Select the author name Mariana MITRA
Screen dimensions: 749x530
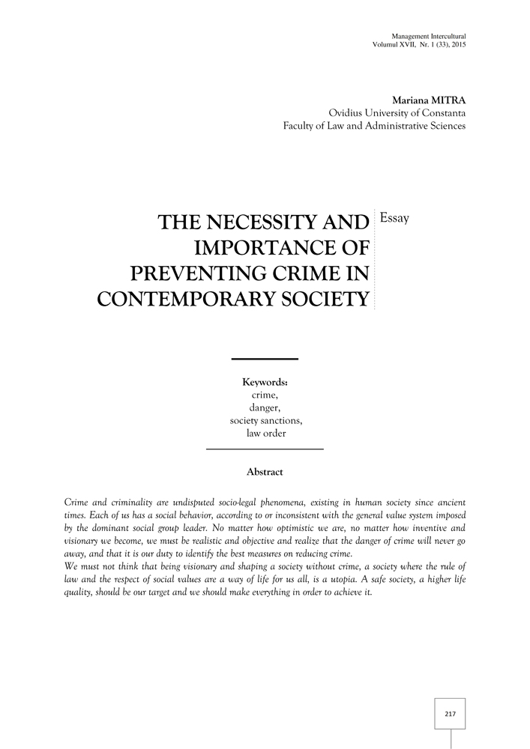[x=428, y=100]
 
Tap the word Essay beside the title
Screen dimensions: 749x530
[x=395, y=218]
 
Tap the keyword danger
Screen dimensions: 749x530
[x=264, y=407]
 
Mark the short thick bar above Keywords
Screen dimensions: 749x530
[x=264, y=359]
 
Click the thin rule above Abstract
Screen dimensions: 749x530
[x=264, y=449]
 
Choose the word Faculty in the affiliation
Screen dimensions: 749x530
[x=301, y=125]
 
